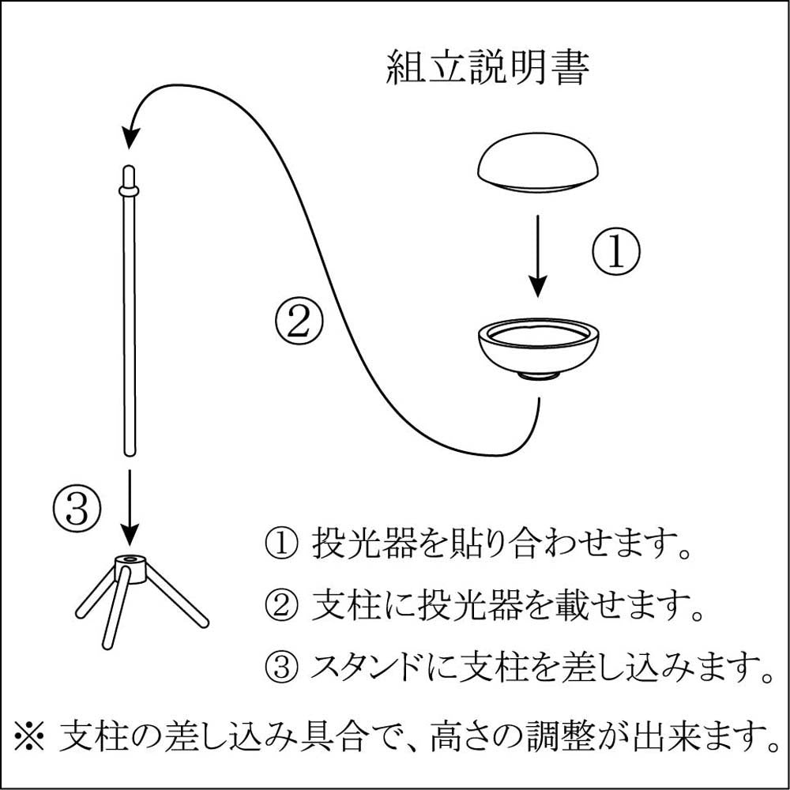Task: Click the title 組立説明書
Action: [487, 70]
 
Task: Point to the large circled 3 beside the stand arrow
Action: [77, 508]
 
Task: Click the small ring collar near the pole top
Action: [129, 190]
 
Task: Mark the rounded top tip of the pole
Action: [129, 172]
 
